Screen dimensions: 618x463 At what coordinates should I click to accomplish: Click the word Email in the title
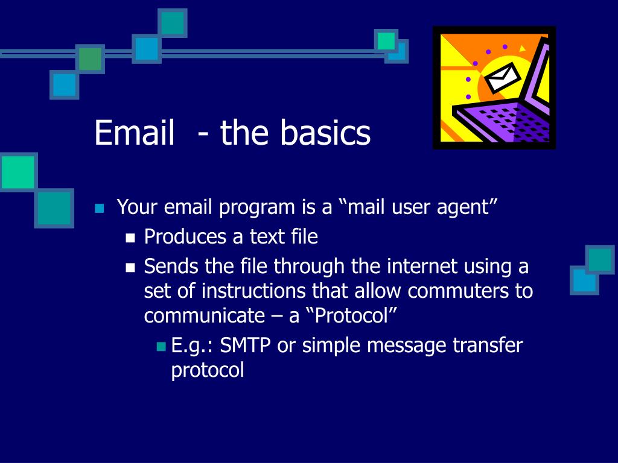(135, 132)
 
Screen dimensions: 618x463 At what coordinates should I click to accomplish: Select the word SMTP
(245, 345)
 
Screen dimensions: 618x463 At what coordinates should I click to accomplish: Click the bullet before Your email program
(100, 208)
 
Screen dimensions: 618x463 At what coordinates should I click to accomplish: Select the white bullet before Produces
(130, 238)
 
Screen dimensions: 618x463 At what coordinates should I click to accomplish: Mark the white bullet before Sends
(130, 268)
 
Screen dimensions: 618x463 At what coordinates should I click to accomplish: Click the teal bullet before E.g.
(161, 347)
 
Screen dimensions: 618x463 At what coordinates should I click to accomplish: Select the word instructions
(253, 291)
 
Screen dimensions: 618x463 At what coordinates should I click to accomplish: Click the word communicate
(204, 315)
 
